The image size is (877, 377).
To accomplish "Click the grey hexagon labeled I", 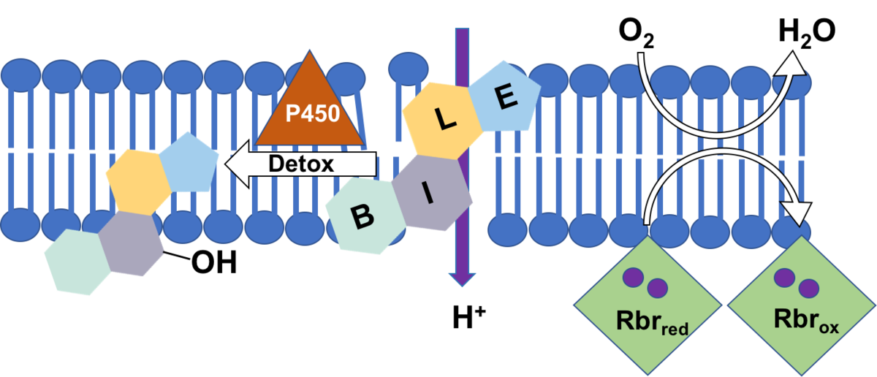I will pyautogui.click(x=430, y=193).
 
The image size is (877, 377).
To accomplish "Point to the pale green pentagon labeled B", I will pyautogui.click(x=362, y=216).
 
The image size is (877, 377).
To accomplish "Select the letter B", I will pyautogui.click(x=361, y=216).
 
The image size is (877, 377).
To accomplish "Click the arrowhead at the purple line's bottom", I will pyautogui.click(x=462, y=279).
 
